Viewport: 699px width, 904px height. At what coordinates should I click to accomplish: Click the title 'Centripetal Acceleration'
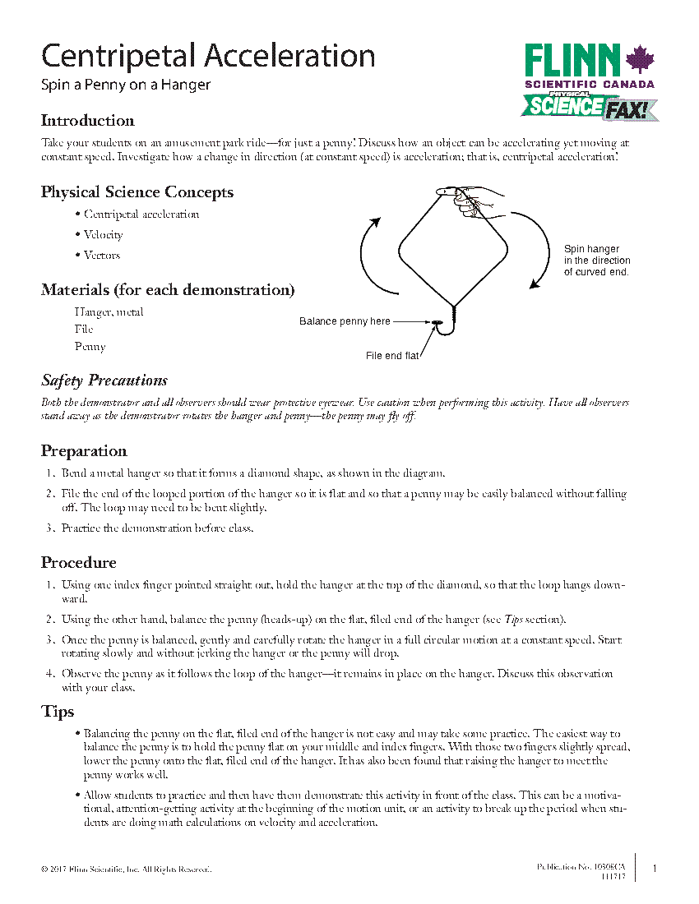click(x=208, y=56)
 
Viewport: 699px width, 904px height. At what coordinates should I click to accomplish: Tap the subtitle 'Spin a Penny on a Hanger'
click(x=126, y=85)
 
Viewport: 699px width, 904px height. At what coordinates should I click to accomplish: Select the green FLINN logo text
click(x=573, y=62)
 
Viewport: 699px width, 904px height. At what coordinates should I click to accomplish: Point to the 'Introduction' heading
click(x=88, y=121)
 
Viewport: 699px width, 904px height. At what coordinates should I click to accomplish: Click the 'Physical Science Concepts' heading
click(x=137, y=192)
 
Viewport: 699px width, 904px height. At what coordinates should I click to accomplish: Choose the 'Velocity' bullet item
click(x=103, y=235)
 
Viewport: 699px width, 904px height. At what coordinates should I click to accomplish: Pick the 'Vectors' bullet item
click(x=101, y=256)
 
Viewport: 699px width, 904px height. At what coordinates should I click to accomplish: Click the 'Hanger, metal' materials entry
click(x=109, y=312)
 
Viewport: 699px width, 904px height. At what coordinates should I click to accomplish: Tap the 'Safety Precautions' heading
click(x=104, y=381)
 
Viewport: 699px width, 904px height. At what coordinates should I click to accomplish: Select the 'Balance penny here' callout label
click(x=345, y=321)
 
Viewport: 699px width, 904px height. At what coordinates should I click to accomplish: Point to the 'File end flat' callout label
click(x=392, y=356)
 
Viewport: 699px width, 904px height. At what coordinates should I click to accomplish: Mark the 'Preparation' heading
click(x=84, y=451)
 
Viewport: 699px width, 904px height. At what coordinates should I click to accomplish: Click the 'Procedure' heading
click(x=79, y=563)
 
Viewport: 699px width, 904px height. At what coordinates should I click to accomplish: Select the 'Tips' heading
click(x=58, y=712)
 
